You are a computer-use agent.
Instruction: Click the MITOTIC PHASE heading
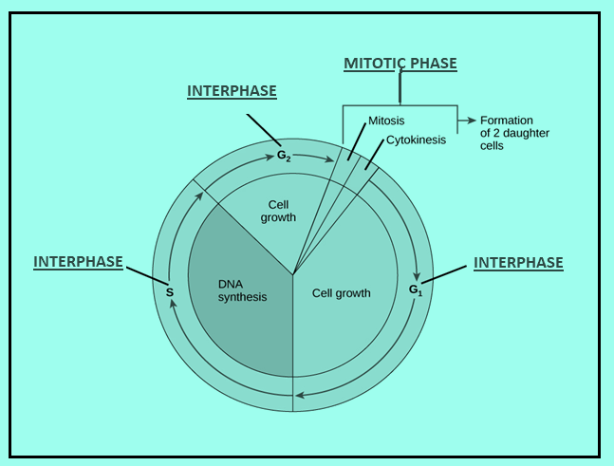[400, 64]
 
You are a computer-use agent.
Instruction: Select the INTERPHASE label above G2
[232, 91]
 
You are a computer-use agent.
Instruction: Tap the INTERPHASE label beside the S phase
[78, 262]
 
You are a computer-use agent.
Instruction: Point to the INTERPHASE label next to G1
[518, 263]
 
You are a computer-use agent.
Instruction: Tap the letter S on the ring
[170, 292]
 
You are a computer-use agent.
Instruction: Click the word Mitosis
[386, 121]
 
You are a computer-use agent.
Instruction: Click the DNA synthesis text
[242, 290]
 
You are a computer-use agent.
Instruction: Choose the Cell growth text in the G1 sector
[341, 293]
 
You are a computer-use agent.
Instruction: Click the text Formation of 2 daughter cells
[514, 133]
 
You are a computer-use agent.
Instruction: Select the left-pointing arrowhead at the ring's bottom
[300, 395]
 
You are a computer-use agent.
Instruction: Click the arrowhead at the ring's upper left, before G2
[199, 198]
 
